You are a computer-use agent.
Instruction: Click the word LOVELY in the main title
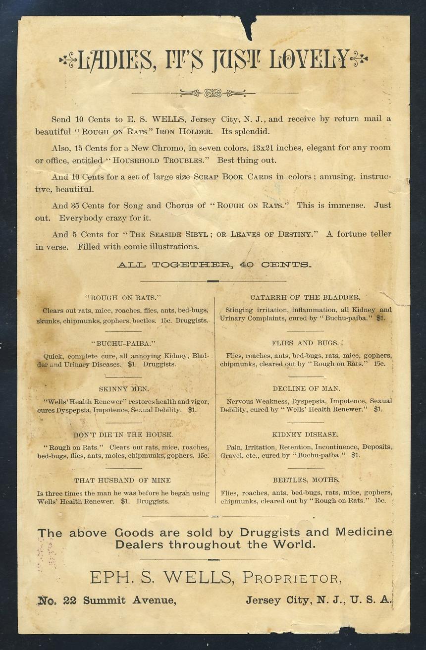[310, 60]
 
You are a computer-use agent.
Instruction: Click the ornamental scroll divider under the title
[213, 93]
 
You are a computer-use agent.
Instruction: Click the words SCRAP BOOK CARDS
[232, 177]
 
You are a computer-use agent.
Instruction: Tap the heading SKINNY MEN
[124, 389]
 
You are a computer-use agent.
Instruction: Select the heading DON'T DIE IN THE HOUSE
[123, 434]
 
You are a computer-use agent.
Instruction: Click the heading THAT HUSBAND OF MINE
[122, 480]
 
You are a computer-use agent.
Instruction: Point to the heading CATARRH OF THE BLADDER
[305, 297]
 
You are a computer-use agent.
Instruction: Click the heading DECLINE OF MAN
[306, 389]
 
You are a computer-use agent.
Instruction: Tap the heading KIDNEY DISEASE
[305, 434]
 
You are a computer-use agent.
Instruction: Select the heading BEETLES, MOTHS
[306, 480]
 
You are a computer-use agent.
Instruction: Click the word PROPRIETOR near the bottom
[291, 578]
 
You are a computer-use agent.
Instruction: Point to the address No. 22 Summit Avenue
[106, 600]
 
